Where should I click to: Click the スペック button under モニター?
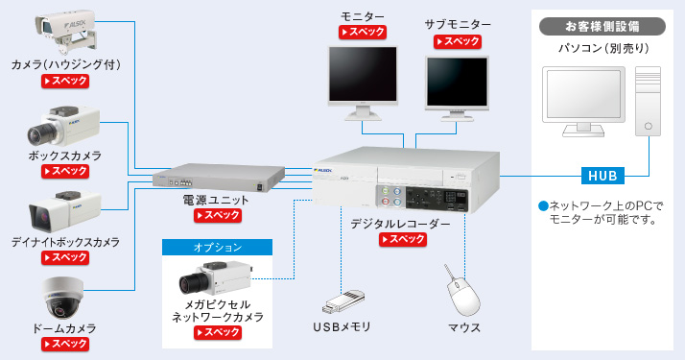(364, 33)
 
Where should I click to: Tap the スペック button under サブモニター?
(458, 42)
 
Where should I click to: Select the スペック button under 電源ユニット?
(217, 216)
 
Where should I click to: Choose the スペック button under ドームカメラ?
(65, 343)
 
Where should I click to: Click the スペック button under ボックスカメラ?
(65, 171)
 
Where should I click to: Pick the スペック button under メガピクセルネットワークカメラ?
(218, 332)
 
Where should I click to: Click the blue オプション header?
(218, 248)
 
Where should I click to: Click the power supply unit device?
(219, 179)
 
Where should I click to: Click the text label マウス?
(464, 327)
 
